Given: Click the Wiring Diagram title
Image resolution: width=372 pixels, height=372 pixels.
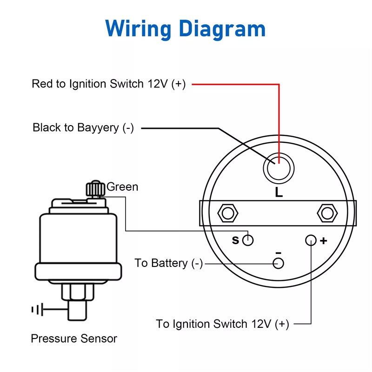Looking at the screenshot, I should pos(186,28).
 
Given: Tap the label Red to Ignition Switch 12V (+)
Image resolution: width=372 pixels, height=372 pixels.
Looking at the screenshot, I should pos(108,84).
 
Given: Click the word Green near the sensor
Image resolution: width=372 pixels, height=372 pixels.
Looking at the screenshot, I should pos(122,187).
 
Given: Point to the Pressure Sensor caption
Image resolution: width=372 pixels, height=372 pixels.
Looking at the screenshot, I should pos(74,339).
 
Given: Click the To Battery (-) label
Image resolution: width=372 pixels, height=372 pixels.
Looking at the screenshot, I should pos(169,263).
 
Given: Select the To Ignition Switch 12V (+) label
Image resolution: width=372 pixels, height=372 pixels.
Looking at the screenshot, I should pos(222,324).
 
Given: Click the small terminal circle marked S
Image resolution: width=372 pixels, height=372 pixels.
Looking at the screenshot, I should pos(248,240).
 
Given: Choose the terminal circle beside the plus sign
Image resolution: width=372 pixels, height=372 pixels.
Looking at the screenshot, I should pos(311,240).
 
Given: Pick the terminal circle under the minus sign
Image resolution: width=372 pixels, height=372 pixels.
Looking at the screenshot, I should pos(278,264).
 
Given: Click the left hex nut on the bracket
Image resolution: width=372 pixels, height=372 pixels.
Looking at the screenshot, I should pos(227,213).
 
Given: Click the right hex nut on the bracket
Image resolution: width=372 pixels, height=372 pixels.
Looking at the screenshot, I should pos(327,213).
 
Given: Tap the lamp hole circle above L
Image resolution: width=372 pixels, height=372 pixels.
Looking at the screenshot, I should pos(278,167).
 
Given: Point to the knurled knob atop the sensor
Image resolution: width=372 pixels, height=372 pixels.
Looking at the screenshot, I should pos(95,189).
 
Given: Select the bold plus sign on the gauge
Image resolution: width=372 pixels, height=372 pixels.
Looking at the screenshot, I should pos(324,241).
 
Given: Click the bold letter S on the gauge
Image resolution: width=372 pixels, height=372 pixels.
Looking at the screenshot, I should pos(235,241).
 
